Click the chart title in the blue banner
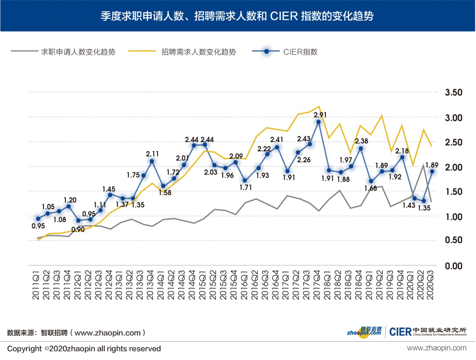(237, 16)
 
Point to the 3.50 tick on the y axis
(453, 92)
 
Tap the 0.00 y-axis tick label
(453, 266)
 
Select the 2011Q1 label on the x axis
(36, 285)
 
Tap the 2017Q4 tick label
(316, 285)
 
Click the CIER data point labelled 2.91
(319, 122)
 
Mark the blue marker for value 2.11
(152, 161)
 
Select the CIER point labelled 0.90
(78, 220)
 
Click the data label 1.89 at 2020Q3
(432, 165)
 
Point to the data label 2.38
(362, 141)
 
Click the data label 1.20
(70, 200)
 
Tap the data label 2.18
(402, 151)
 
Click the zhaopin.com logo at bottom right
(364, 332)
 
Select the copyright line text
(84, 349)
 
